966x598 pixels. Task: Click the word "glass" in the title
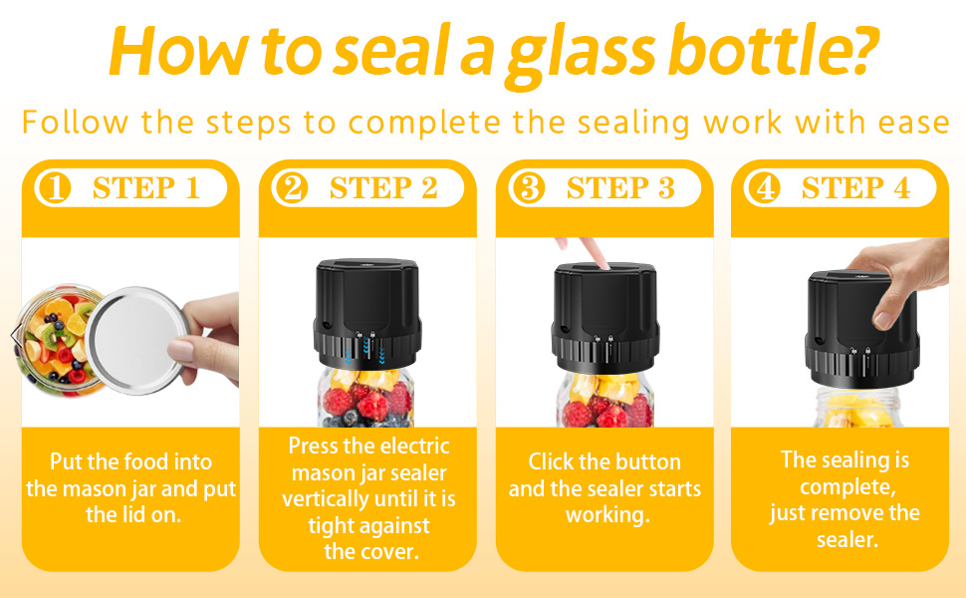581,56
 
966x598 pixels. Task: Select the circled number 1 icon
55,188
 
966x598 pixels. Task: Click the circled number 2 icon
292,188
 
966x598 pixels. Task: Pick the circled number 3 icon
529,188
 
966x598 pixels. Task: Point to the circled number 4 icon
764,188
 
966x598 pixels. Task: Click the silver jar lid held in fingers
136,340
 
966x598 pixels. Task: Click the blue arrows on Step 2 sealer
365,353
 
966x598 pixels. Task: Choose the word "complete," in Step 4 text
847,488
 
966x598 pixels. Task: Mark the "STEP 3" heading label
620,188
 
